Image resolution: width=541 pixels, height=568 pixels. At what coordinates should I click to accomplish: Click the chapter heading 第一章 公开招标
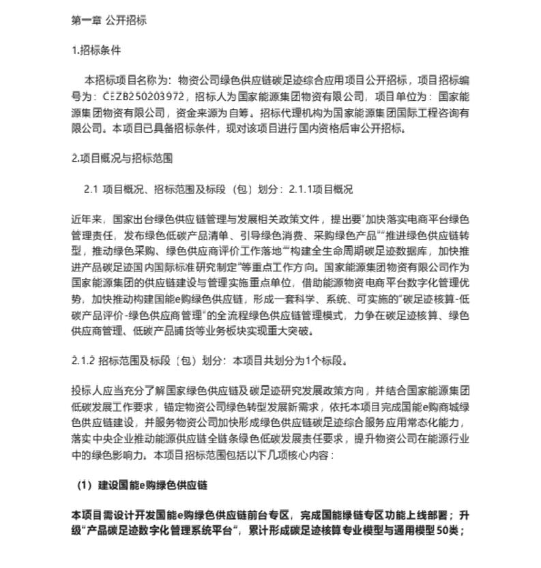tap(109, 20)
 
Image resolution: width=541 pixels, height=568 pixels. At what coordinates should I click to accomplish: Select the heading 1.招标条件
tap(96, 50)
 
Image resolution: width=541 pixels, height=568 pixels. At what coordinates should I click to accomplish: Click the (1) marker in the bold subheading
tap(84, 485)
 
